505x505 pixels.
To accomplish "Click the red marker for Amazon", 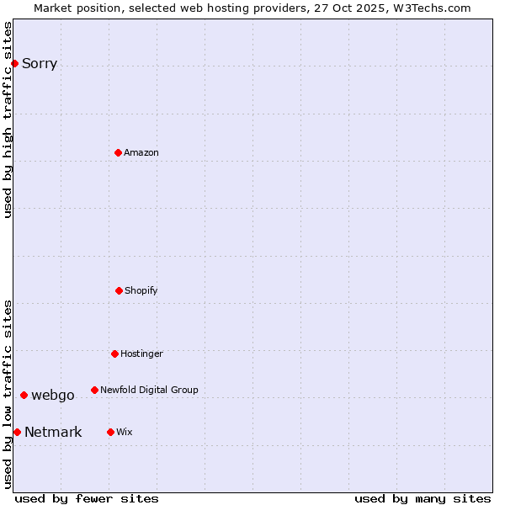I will (x=118, y=152).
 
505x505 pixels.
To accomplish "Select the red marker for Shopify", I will (x=119, y=290).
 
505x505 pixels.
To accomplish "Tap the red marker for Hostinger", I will (x=114, y=353).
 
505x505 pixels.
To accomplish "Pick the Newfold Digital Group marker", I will (x=94, y=390).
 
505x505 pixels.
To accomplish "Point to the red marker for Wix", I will (x=110, y=432).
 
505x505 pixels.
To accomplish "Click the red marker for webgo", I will (x=24, y=395).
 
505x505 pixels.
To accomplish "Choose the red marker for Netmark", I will (x=17, y=432).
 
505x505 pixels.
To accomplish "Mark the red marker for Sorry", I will (x=14, y=63).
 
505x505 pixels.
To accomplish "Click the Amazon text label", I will (x=141, y=153).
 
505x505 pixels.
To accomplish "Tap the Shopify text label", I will (x=141, y=291).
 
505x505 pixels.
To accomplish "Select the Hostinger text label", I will (x=141, y=354).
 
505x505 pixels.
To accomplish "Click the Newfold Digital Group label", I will (x=149, y=391).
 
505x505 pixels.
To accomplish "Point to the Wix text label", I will (x=125, y=433).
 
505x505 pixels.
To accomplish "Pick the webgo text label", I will (x=53, y=396).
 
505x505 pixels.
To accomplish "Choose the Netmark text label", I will (x=53, y=433).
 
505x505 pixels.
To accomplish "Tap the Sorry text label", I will (x=40, y=64).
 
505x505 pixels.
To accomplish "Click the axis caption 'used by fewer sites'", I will (x=87, y=498).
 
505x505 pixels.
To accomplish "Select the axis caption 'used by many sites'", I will (x=423, y=498).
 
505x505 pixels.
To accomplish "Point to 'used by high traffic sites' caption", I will (x=8, y=120).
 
